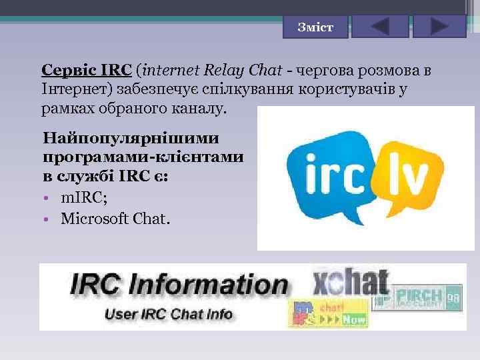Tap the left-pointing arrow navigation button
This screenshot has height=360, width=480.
point(379,27)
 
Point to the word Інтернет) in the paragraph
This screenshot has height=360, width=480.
point(77,89)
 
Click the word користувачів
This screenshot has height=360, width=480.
point(347,89)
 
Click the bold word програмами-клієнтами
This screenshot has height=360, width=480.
point(142,159)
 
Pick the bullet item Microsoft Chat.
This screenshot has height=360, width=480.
point(115,217)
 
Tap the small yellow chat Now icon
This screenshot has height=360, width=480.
point(328,313)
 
